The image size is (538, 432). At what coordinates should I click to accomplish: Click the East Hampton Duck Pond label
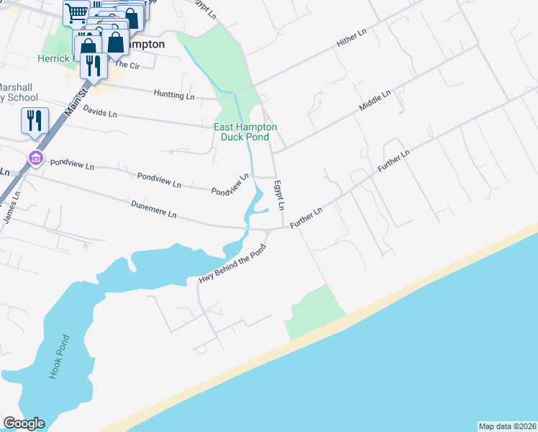(245, 132)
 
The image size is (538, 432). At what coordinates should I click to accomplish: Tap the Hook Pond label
(58, 356)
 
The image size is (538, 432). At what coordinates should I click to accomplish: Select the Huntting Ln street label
(175, 95)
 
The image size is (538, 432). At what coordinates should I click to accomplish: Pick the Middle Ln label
(375, 99)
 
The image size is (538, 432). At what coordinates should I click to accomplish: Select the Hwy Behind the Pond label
(232, 264)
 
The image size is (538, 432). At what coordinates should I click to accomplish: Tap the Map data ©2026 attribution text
(507, 426)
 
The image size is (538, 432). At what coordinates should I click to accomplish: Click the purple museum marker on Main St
(34, 158)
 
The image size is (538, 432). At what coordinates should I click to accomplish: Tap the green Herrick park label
(55, 58)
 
